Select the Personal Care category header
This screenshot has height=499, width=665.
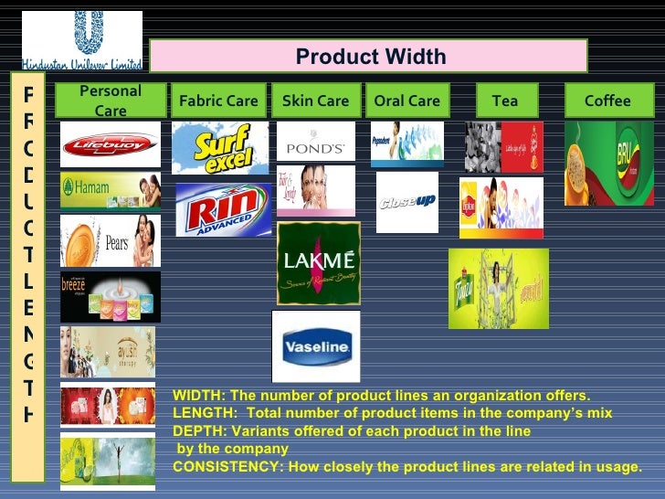pyautogui.click(x=111, y=101)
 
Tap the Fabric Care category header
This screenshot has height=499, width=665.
pyautogui.click(x=219, y=101)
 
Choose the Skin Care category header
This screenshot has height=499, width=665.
pyautogui.click(x=315, y=101)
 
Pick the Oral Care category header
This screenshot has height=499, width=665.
pyautogui.click(x=406, y=101)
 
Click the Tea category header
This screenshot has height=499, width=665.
pyautogui.click(x=504, y=101)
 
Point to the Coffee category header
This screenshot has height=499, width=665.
pyautogui.click(x=607, y=101)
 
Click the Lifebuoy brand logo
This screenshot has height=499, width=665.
pyautogui.click(x=110, y=144)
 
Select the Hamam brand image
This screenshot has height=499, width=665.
pyautogui.click(x=110, y=191)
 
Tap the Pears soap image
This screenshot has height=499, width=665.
pyautogui.click(x=110, y=241)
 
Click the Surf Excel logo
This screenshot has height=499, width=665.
pyautogui.click(x=220, y=147)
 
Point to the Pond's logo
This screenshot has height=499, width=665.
pyautogui.click(x=315, y=143)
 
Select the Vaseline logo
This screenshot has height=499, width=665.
pyautogui.click(x=316, y=346)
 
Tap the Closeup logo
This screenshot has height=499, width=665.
pyautogui.click(x=406, y=201)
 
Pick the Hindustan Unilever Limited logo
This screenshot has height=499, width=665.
pyautogui.click(x=82, y=41)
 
